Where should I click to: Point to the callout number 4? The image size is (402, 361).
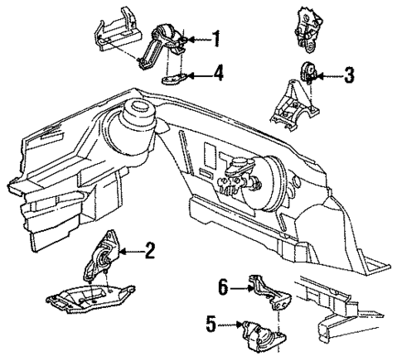pos(217,76)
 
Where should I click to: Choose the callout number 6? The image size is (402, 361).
pos(221,287)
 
